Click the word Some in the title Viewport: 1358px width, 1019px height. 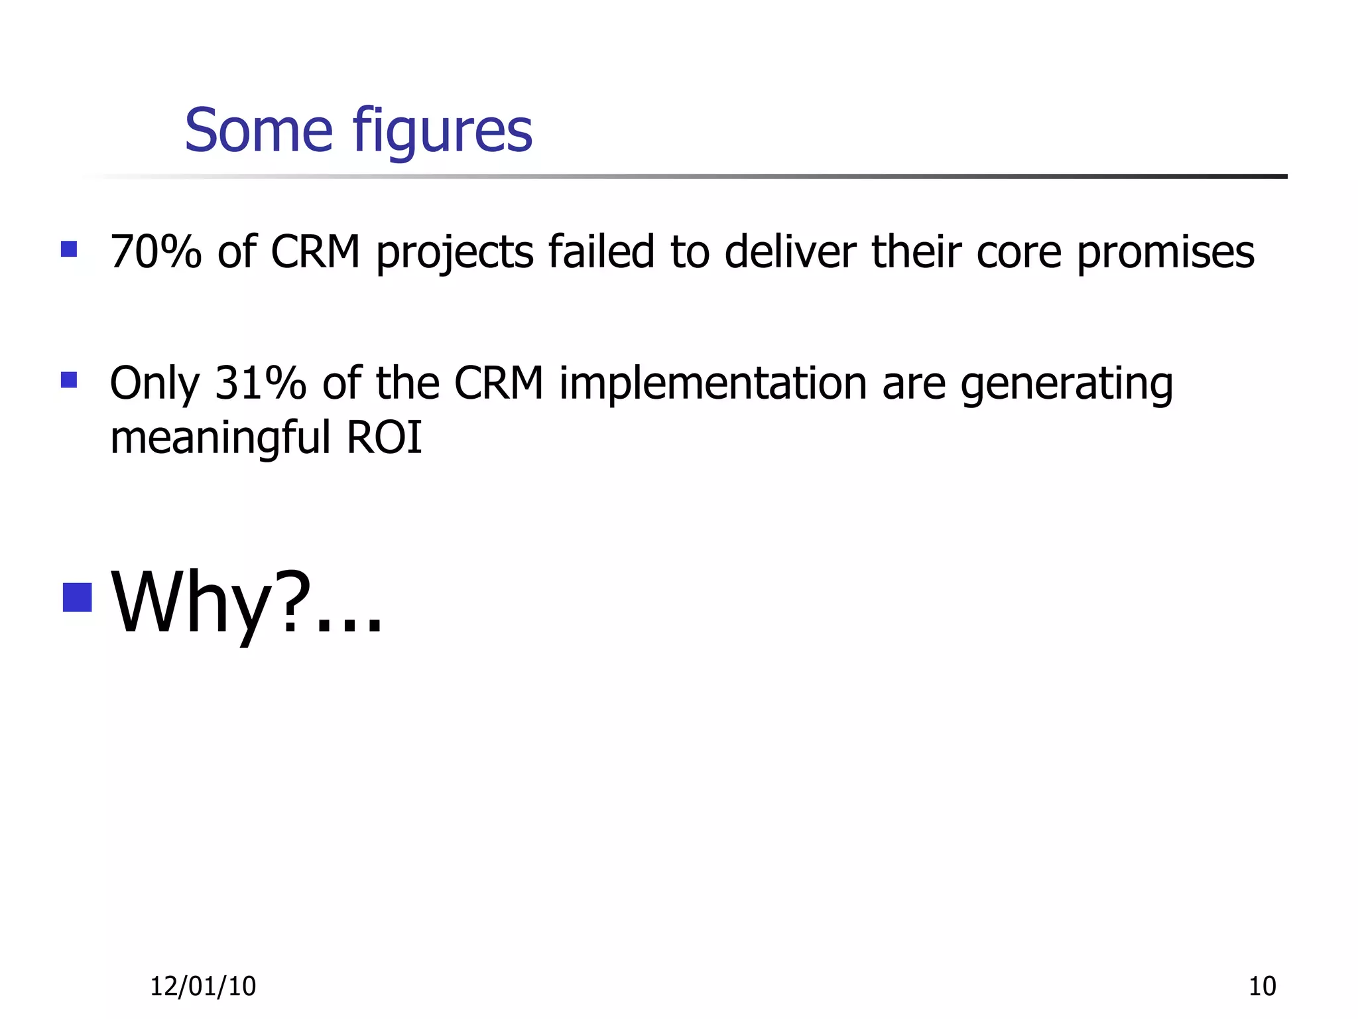(259, 131)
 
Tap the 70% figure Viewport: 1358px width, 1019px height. (156, 252)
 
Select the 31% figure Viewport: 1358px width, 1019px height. (261, 383)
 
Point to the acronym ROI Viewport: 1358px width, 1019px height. (385, 438)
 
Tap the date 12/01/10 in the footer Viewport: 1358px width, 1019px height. (203, 986)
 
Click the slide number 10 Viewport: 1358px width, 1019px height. (1262, 986)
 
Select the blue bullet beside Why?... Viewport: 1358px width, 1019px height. (77, 597)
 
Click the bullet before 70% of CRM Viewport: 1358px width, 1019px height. (69, 249)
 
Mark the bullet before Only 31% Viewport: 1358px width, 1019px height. (69, 380)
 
